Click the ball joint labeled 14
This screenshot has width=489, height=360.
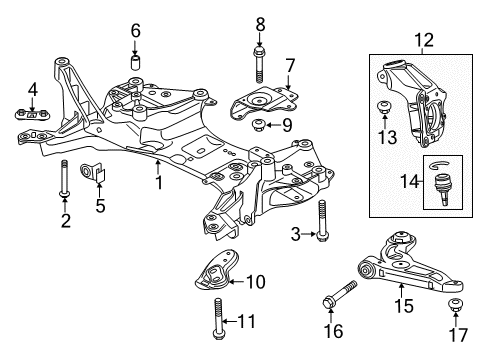click(x=438, y=183)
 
